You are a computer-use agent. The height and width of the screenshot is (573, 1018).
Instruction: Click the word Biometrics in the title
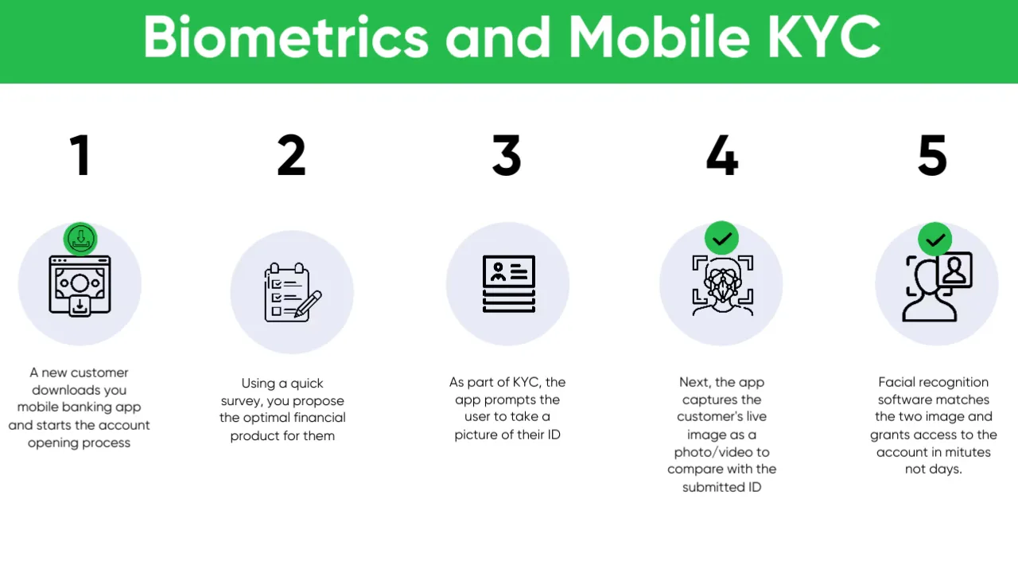coord(286,37)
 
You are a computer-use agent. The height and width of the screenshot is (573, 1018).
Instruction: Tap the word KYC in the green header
coord(824,37)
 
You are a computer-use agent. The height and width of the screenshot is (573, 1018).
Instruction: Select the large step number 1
coord(81,155)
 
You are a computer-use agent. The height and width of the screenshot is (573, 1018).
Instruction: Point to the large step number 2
coord(291,155)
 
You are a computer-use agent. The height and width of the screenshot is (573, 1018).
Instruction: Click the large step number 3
coord(507,155)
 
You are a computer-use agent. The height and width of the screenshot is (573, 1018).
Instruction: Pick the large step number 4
coord(722,155)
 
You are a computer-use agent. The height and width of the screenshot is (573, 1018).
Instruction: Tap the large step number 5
coord(933,155)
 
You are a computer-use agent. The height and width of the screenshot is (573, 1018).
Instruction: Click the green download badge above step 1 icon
coord(80,239)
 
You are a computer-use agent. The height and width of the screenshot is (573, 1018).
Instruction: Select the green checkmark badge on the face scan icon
coord(721,238)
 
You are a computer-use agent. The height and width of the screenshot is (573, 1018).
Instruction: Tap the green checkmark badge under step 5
coord(934,240)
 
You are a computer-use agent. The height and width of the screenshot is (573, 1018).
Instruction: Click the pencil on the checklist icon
coord(308,304)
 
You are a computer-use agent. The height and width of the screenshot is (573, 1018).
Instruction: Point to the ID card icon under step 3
coord(508,284)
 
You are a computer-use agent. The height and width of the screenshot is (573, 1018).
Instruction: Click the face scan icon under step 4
coord(723,286)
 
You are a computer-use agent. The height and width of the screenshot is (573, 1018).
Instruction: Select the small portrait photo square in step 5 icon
coord(954,270)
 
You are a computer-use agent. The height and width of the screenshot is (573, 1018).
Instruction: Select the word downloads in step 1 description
coord(66,390)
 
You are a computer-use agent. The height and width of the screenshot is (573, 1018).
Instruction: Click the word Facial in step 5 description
coord(896,383)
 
